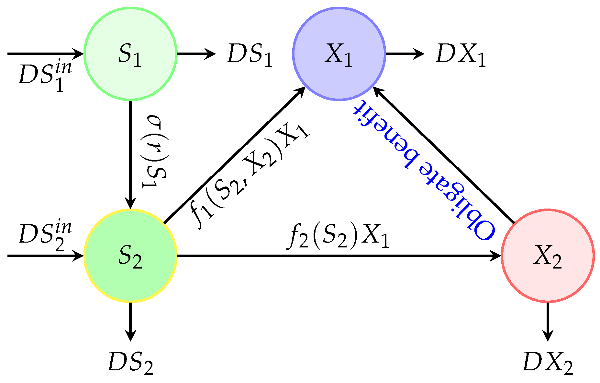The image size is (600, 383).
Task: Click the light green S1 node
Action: [x=130, y=54]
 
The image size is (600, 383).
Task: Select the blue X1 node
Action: [x=339, y=54]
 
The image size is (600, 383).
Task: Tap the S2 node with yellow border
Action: [x=130, y=256]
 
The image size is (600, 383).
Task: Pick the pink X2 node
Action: [x=548, y=256]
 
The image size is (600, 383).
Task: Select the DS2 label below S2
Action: [x=130, y=363]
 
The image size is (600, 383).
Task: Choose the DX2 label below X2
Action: [x=548, y=363]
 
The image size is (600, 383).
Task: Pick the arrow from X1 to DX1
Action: [x=405, y=54]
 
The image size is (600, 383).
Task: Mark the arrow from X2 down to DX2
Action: [x=548, y=321]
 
